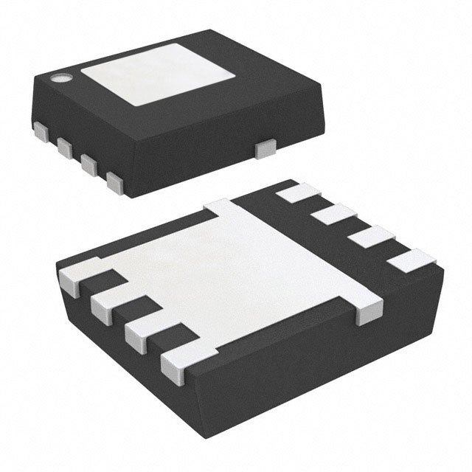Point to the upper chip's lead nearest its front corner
pos(114,181)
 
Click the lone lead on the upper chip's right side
pos(264,150)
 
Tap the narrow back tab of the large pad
pos(221,209)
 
